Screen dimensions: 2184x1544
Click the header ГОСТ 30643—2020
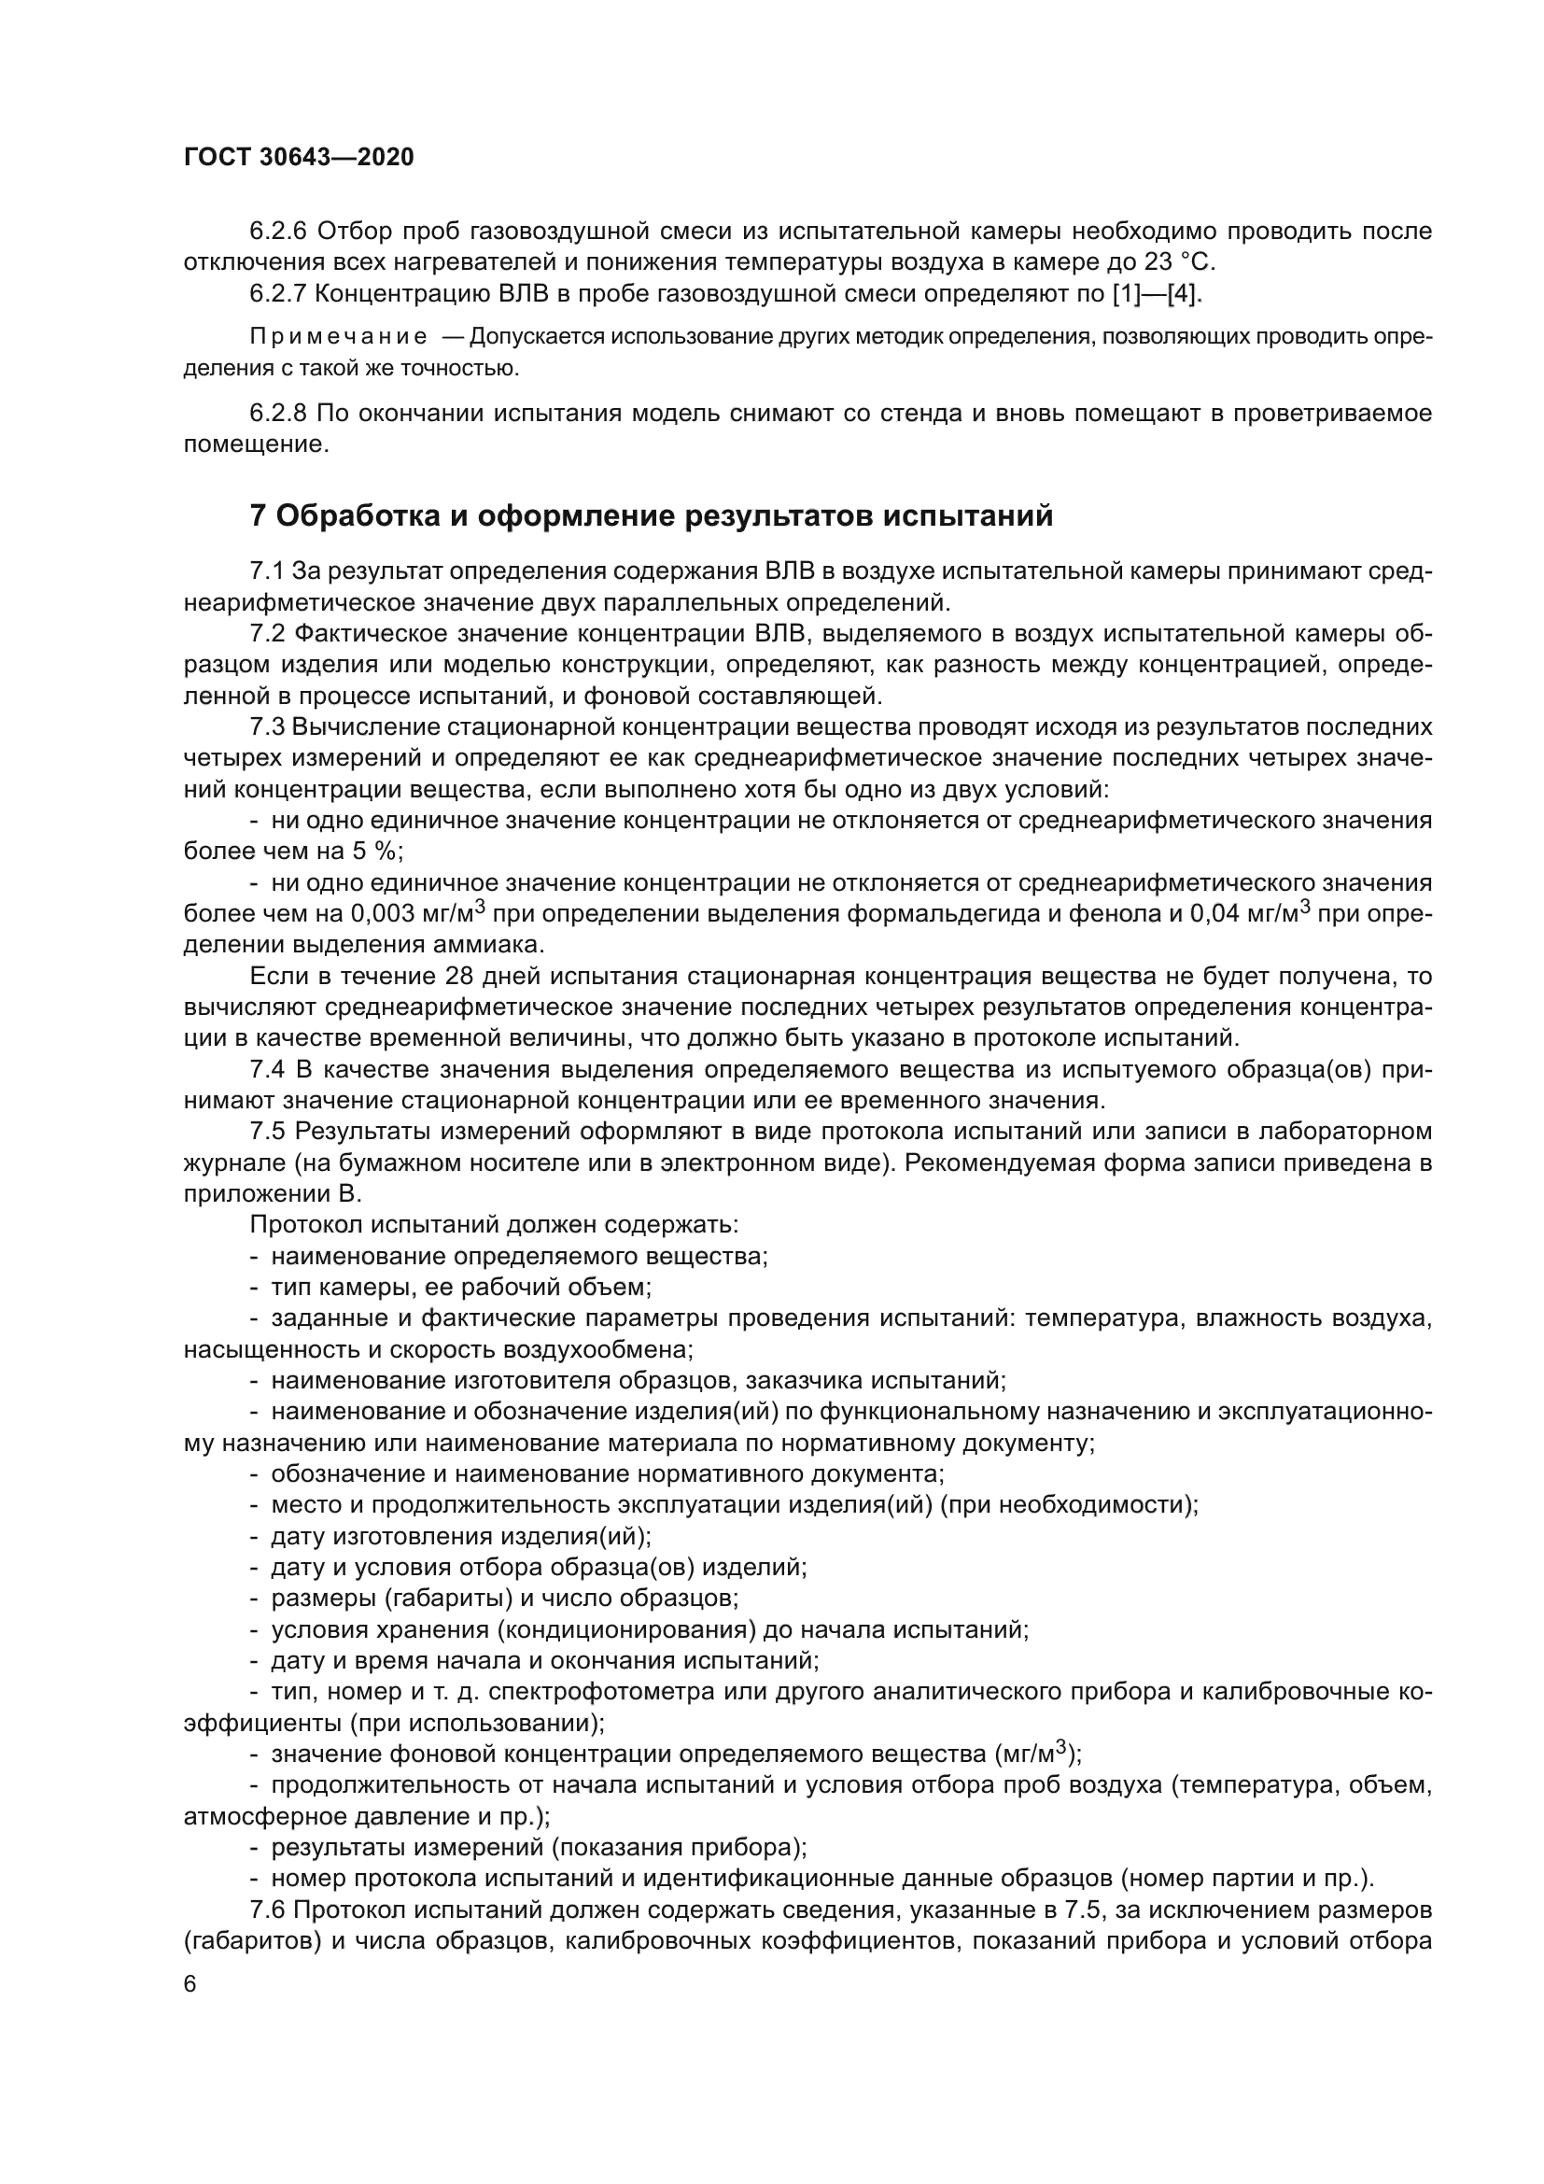click(299, 158)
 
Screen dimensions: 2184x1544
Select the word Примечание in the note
click(338, 338)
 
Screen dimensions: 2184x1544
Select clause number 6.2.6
click(277, 232)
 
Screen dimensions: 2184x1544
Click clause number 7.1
click(267, 571)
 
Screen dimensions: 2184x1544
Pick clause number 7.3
click(267, 727)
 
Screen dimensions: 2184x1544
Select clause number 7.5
click(267, 1132)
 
